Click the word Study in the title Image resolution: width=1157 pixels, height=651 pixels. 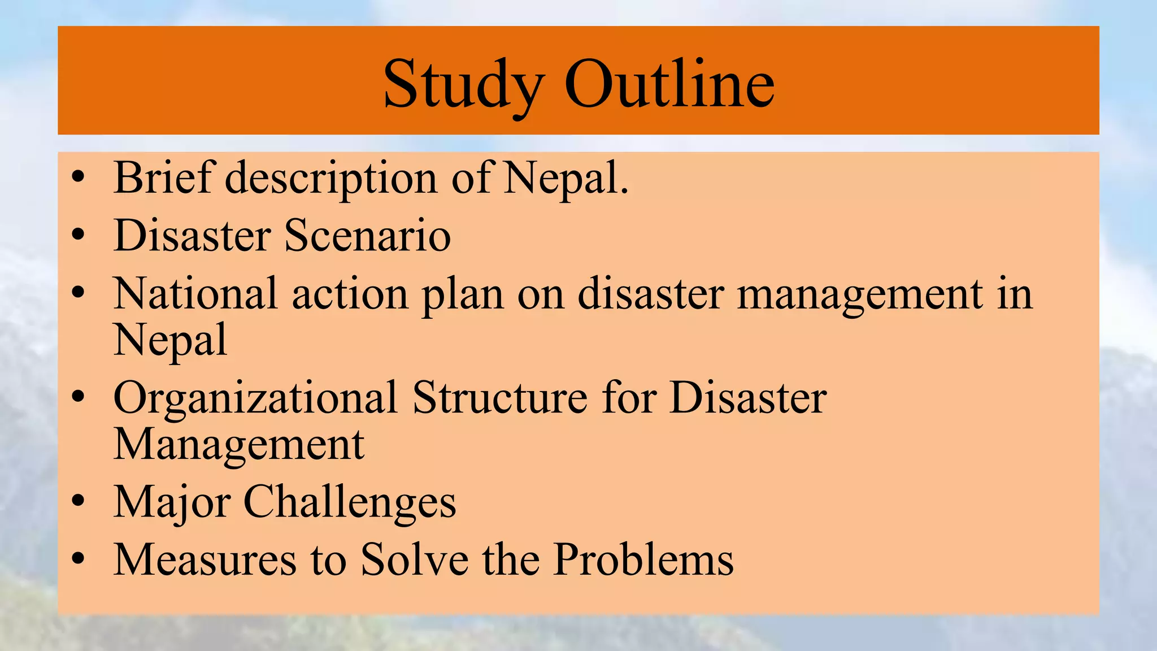[463, 85]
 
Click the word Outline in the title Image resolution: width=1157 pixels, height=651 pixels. [669, 85]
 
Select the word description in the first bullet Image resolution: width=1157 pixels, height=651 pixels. [331, 179]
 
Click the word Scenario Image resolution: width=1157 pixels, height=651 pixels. [367, 235]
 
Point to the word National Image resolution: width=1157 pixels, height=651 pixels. [195, 294]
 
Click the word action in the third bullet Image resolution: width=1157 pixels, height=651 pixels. [350, 294]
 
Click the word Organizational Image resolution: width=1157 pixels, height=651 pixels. [255, 398]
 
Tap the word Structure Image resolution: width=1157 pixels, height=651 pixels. [500, 397]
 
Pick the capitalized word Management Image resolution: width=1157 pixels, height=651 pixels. [239, 444]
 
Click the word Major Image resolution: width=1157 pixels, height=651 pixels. [172, 502]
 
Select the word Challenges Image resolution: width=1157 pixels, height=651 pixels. [349, 502]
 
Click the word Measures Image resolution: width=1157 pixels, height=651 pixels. [205, 559]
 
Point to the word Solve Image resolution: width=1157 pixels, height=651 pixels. [415, 559]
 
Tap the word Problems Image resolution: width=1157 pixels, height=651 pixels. [643, 559]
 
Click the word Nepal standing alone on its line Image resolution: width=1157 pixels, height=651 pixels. [170, 340]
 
